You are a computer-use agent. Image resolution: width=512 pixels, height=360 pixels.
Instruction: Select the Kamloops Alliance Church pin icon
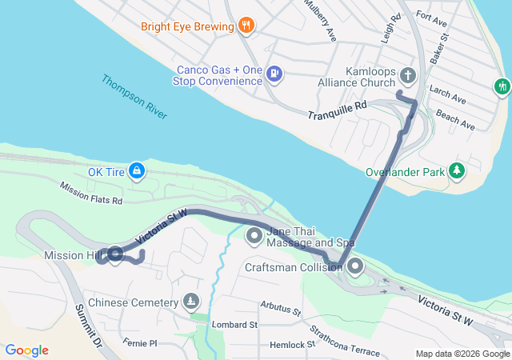pyautogui.click(x=407, y=77)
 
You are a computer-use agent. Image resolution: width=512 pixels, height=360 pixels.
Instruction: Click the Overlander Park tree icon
pyautogui.click(x=456, y=170)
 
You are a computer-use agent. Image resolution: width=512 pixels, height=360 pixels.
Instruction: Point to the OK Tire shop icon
pyautogui.click(x=137, y=170)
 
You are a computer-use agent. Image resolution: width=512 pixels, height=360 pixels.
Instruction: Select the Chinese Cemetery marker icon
pyautogui.click(x=190, y=302)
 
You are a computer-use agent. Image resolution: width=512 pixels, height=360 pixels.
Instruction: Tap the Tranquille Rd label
pyautogui.click(x=337, y=110)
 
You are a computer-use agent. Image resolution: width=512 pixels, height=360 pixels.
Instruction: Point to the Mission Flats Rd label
pyautogui.click(x=90, y=193)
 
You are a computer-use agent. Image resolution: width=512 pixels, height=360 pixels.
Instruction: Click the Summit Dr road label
pyautogui.click(x=89, y=325)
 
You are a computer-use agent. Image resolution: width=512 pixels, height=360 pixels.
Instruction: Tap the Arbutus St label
pyautogui.click(x=279, y=308)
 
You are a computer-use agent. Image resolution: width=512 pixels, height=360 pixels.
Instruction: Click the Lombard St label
pyautogui.click(x=234, y=325)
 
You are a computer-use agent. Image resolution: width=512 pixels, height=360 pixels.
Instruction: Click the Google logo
pyautogui.click(x=26, y=350)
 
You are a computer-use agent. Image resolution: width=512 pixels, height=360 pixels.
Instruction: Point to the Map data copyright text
pyautogui.click(x=462, y=354)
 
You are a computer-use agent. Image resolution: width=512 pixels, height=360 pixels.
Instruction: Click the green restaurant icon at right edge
pyautogui.click(x=502, y=84)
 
